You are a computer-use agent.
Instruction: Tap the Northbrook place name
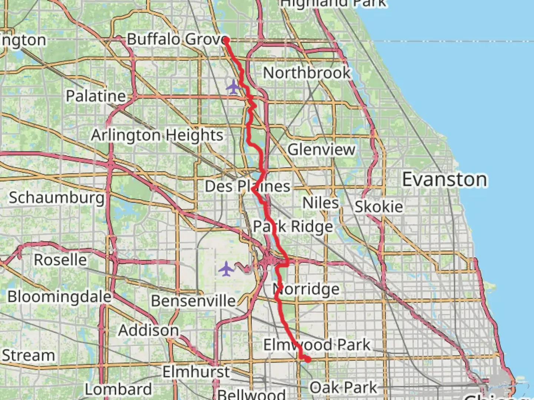point(307,73)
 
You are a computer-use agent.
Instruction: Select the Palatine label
point(96,96)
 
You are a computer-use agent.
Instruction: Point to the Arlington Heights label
point(157,135)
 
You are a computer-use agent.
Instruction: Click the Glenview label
point(322,150)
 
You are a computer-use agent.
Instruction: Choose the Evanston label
point(445,180)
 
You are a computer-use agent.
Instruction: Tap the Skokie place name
point(379,207)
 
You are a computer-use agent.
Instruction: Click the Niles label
point(320,203)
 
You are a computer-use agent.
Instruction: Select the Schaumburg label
point(56,198)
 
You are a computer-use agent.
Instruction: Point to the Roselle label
point(60,260)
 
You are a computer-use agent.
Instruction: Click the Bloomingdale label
point(59,297)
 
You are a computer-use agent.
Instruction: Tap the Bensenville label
point(193,301)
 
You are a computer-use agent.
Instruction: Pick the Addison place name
point(148,330)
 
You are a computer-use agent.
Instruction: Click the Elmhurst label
point(196,371)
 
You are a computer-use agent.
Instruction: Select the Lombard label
point(118,389)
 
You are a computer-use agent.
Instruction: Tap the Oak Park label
point(343,388)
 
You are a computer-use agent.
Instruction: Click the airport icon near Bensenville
point(226,269)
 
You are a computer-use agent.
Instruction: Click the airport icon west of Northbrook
point(233,87)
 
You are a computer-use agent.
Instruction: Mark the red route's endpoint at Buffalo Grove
point(226,40)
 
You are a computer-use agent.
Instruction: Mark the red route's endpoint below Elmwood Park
point(308,359)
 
